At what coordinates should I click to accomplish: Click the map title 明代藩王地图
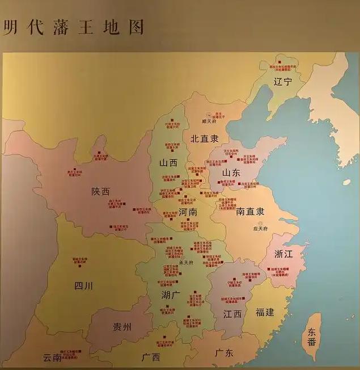[x=73, y=26]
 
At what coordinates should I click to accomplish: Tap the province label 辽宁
[x=282, y=81]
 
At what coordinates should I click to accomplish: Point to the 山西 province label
[x=168, y=162]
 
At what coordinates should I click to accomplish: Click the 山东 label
[x=231, y=172]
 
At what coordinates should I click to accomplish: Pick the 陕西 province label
[x=100, y=191]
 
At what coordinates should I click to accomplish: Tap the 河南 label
[x=188, y=212]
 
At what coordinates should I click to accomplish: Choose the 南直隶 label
[x=249, y=212]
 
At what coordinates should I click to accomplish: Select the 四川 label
[x=83, y=285]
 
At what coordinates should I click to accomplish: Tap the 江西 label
[x=232, y=313]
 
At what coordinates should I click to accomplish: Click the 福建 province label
[x=265, y=312]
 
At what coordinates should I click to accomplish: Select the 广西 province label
[x=151, y=357]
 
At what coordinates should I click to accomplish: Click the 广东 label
[x=224, y=352]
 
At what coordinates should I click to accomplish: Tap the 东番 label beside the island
[x=312, y=337]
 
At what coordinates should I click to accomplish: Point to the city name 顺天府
[x=210, y=121]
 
